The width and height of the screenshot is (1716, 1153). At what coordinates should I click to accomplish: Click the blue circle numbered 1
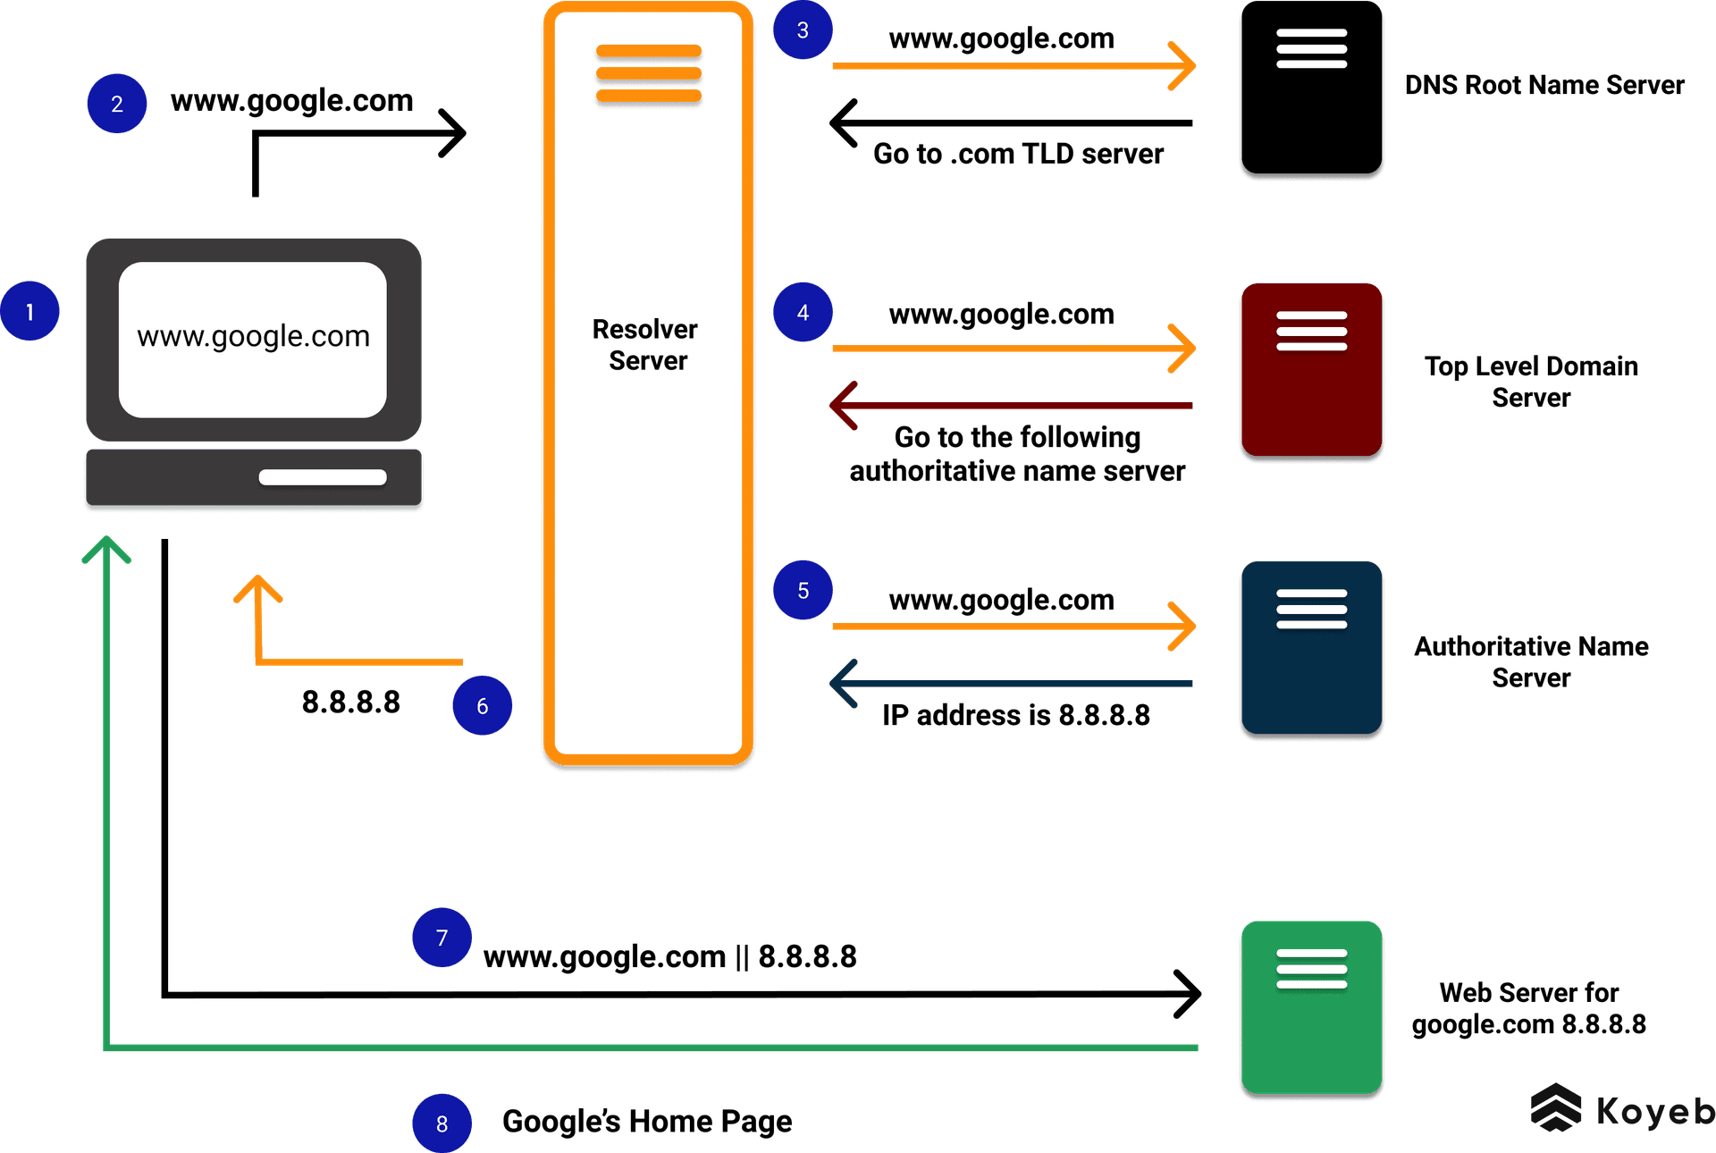(x=29, y=311)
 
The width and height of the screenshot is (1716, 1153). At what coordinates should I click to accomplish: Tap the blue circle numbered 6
(x=482, y=706)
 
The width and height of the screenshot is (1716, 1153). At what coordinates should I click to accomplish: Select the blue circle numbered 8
(x=442, y=1124)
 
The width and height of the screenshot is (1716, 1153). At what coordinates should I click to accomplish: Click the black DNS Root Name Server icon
(x=1310, y=90)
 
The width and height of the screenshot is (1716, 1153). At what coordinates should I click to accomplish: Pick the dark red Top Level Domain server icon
(x=1310, y=372)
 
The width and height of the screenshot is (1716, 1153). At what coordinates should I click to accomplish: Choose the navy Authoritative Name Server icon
(x=1310, y=650)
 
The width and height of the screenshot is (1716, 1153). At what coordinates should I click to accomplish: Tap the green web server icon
(x=1310, y=1008)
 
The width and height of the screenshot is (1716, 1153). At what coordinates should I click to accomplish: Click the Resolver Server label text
(x=646, y=345)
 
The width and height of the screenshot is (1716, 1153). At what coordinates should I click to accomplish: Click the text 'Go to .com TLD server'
(x=1018, y=154)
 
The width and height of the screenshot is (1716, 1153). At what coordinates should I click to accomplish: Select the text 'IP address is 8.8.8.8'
(x=1016, y=715)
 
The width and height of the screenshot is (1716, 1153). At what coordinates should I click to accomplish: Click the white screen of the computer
(x=253, y=339)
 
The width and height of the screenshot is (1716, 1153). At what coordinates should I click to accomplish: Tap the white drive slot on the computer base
(x=323, y=477)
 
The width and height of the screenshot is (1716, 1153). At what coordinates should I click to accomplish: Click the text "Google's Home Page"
(x=646, y=1121)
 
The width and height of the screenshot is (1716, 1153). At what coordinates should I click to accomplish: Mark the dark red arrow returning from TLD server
(x=1010, y=406)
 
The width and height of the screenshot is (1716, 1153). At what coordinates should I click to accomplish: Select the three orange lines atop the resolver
(x=648, y=73)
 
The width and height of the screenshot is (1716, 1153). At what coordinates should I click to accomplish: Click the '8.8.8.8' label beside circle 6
(x=350, y=703)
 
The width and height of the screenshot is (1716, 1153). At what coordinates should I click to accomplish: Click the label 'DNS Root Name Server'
(x=1544, y=85)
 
